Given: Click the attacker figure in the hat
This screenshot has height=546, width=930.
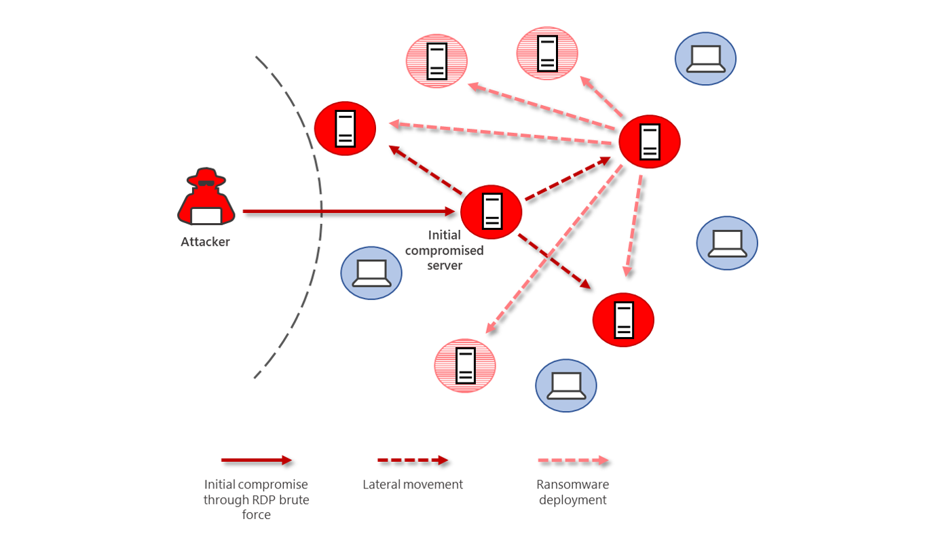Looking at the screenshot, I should pos(206,197).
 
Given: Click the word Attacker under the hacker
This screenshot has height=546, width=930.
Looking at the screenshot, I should pos(205,242).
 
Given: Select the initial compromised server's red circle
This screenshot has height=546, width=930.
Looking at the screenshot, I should pos(491,212).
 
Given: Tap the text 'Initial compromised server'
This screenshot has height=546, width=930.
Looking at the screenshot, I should pos(445,250).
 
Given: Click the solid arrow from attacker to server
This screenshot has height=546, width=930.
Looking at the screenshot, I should pos(346,212).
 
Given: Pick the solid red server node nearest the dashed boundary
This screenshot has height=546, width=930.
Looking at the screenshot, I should pos(345,128).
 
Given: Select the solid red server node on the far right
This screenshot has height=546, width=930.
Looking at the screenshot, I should pos(649,142).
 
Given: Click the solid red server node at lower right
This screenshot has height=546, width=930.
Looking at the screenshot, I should pos(622,319).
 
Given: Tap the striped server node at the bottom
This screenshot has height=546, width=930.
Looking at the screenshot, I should pos(465,366).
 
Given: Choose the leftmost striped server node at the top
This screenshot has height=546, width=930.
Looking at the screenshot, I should pos(436,61).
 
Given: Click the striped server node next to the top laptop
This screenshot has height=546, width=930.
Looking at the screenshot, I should pos(547,53).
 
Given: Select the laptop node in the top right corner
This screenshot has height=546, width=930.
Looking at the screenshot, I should pos(705,58).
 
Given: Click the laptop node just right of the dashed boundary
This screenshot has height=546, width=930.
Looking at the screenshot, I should pos(371,273).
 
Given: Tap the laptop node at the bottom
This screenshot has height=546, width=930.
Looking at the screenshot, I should pos(565,385).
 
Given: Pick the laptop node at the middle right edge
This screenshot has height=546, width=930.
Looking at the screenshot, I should pos(726,243).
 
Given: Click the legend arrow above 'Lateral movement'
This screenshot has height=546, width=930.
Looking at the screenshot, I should pos(413,461).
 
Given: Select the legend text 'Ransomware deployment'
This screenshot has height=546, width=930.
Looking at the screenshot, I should pos(572,492).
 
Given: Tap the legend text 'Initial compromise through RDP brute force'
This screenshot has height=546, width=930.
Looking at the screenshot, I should pos(256,500).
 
